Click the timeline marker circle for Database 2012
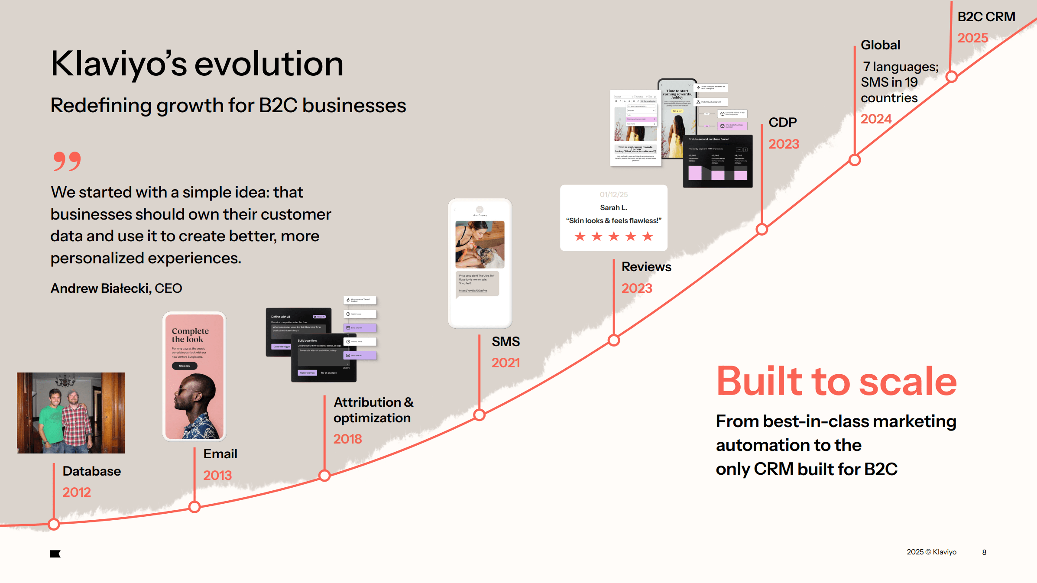54,525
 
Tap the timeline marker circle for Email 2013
194,507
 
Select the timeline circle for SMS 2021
479,415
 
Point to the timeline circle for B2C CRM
951,77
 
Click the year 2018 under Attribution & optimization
347,439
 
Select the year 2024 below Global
876,119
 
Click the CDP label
782,122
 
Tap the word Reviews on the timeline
646,267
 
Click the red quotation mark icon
67,161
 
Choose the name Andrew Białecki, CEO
116,288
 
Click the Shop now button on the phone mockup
185,366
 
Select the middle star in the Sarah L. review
614,236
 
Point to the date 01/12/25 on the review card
613,194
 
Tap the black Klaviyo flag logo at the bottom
55,554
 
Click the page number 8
984,552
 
